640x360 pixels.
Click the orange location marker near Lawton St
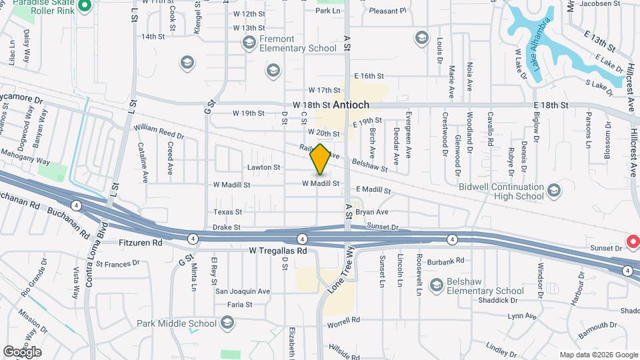321,159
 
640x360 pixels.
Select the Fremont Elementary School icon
249,44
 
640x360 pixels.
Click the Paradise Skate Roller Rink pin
84,7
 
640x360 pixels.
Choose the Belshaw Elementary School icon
437,286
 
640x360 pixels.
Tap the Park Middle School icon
227,323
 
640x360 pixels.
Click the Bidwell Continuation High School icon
553,193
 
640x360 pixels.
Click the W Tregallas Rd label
278,251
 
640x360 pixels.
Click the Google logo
22,351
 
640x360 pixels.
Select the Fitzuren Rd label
141,243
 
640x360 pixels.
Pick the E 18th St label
551,105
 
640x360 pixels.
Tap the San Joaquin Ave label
242,291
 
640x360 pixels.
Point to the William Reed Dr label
159,132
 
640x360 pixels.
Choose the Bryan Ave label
371,212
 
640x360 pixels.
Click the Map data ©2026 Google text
598,355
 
